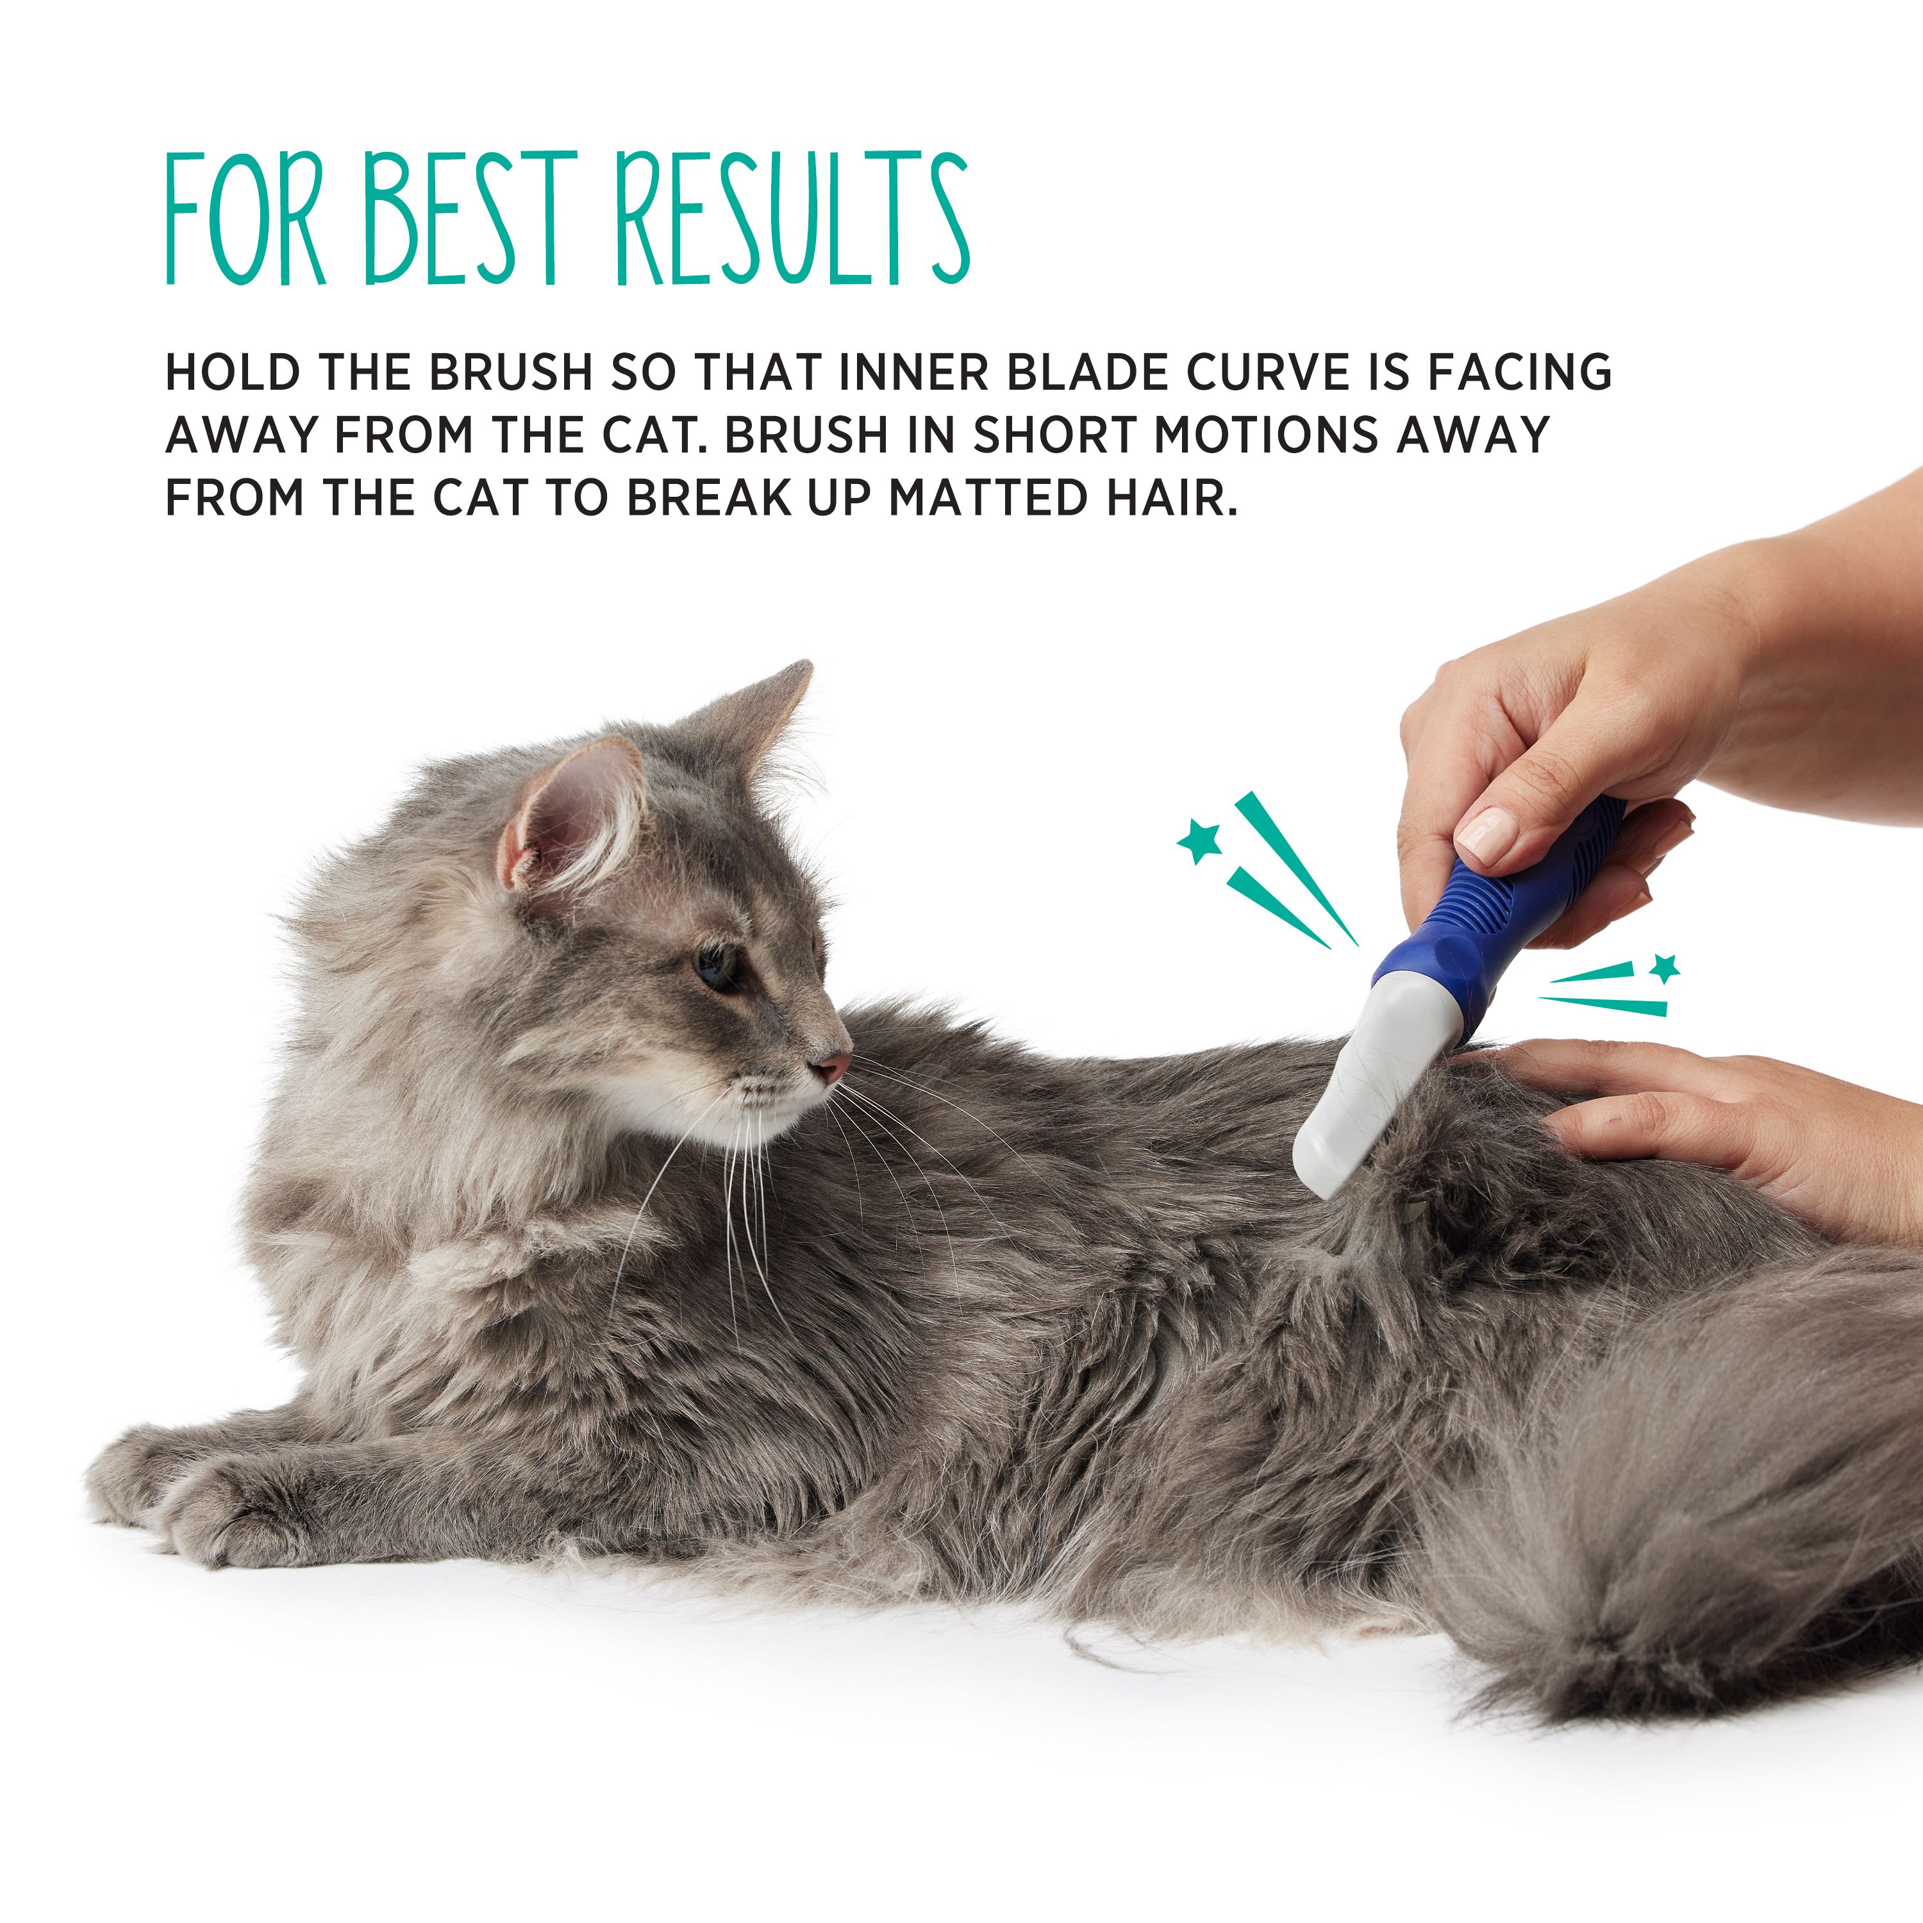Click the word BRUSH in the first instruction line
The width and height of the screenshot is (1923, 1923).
512,372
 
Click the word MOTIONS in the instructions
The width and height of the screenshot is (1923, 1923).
1266,435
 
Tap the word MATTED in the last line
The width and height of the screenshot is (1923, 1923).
985,497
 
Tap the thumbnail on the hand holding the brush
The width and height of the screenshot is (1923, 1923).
1486,833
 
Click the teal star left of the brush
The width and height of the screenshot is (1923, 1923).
1201,841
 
